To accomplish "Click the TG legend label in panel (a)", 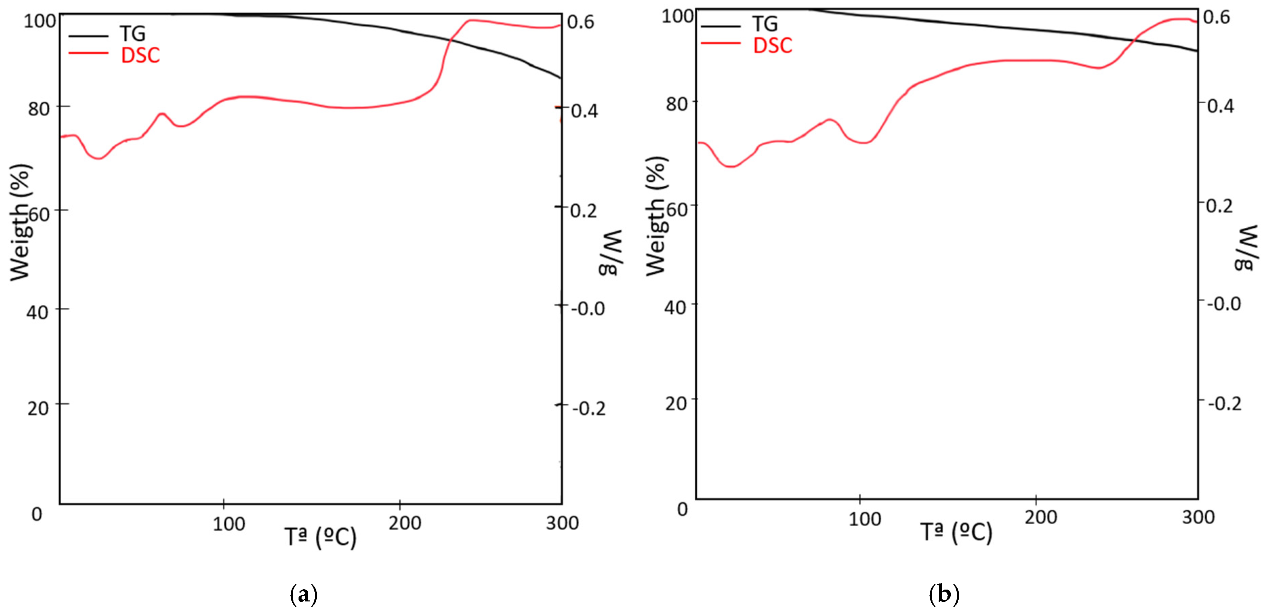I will (x=132, y=34).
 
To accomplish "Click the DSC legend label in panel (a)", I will (x=140, y=55).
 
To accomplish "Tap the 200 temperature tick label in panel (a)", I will (x=404, y=523).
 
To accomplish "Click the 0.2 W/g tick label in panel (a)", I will (x=583, y=210).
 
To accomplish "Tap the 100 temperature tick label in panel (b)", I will (x=864, y=519).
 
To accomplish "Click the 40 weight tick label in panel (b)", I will (x=675, y=307).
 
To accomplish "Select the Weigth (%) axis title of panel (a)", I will (x=21, y=223).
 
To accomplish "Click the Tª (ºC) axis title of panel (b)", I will (x=956, y=533).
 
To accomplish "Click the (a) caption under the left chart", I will (x=304, y=595).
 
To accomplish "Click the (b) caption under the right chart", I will (x=944, y=595).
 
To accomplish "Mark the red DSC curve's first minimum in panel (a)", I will (x=99, y=158).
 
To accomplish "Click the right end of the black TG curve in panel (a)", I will (x=560, y=77).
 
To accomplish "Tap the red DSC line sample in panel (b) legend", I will (x=720, y=43).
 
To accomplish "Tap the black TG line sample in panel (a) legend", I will (x=88, y=36).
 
